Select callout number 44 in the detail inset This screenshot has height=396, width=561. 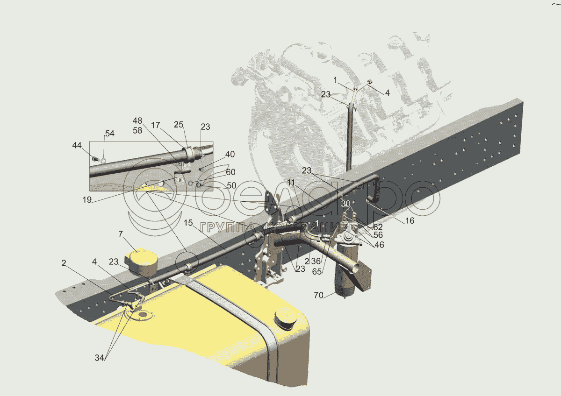point(76,146)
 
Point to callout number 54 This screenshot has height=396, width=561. point(110,134)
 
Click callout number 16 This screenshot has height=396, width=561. point(410,221)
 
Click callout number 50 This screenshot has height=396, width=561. point(231,186)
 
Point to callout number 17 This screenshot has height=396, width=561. point(156,125)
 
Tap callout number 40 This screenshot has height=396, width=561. point(230,154)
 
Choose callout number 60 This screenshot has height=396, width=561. point(230,172)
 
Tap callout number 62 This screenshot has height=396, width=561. point(378,227)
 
